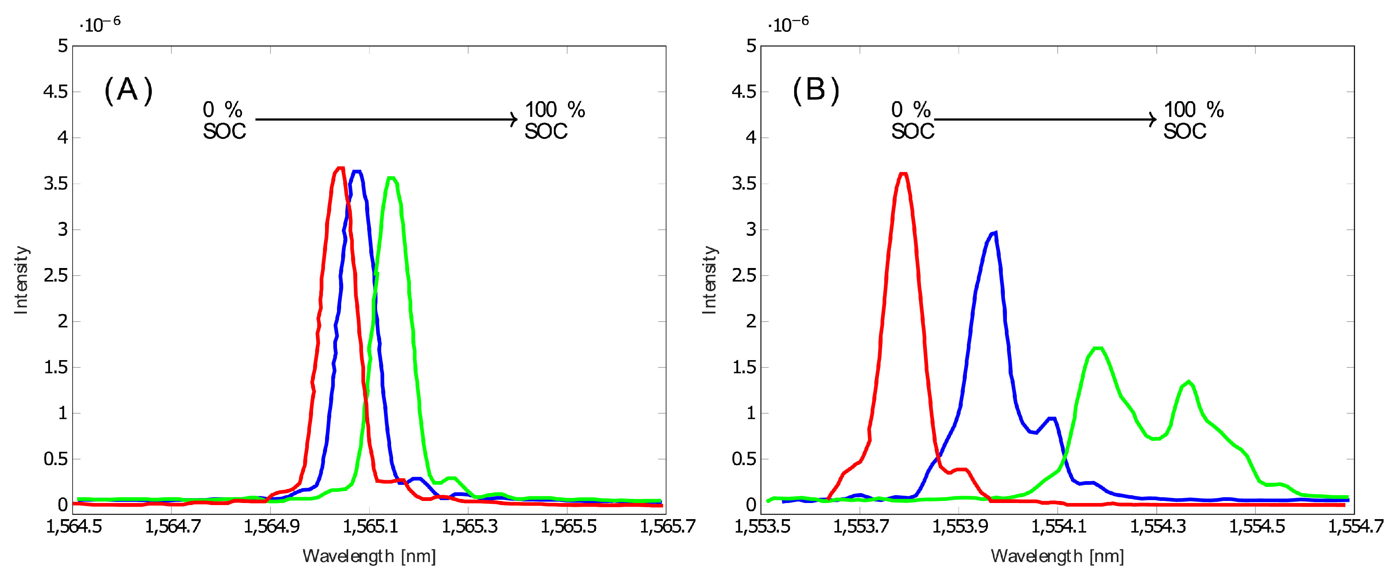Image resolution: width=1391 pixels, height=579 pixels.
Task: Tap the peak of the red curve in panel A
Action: tap(339, 169)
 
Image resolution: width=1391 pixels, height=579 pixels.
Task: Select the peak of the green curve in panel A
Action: tap(392, 178)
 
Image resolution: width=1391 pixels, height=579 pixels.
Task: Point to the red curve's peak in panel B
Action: tap(903, 174)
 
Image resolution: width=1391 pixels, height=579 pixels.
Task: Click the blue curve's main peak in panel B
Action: tap(994, 233)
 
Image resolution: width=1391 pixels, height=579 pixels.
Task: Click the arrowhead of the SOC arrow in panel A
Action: tap(515, 119)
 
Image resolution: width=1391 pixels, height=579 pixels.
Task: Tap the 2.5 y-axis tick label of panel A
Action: tap(56, 275)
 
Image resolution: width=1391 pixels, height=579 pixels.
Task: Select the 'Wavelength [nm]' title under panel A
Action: tap(369, 556)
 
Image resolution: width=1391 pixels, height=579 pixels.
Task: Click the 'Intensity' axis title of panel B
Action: tap(709, 280)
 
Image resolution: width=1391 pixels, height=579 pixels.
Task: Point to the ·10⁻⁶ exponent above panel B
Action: tap(788, 24)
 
